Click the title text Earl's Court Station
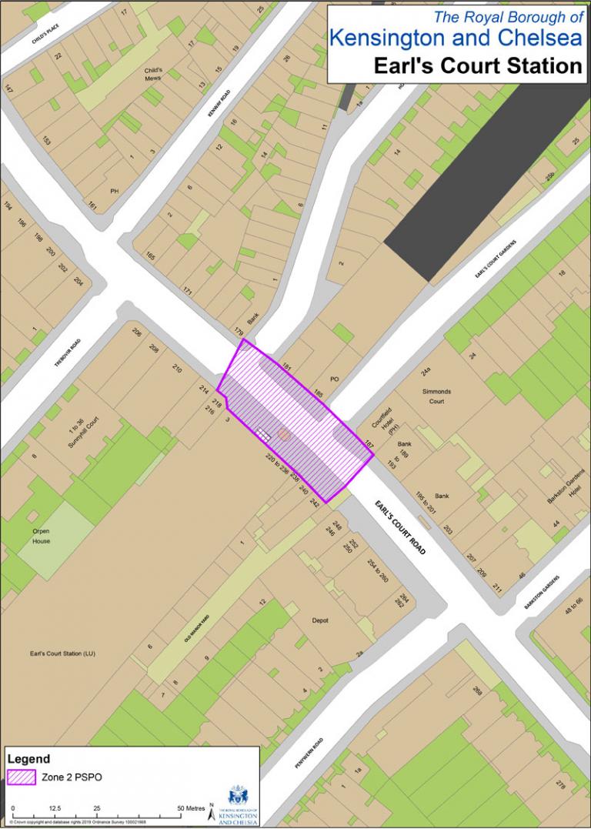[477, 65]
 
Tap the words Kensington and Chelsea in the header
[456, 38]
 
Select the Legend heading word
[28, 758]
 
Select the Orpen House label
[41, 536]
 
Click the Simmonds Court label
[436, 396]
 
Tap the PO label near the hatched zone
[334, 379]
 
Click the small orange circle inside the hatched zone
[283, 435]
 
